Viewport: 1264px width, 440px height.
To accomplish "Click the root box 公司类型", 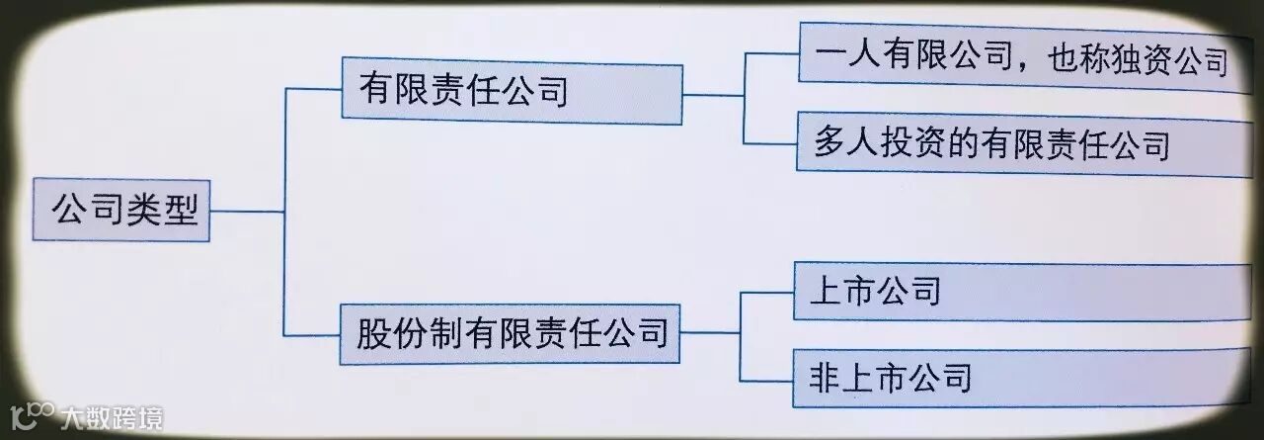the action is pyautogui.click(x=120, y=210).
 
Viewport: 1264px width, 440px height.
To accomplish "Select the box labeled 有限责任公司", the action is pyautogui.click(x=511, y=94).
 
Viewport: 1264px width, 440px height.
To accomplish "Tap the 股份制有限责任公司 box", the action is pyautogui.click(x=511, y=334).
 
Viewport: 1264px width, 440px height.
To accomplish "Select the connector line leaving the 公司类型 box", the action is pyautogui.click(x=247, y=211).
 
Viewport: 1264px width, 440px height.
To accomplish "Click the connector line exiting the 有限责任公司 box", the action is pyautogui.click(x=713, y=95).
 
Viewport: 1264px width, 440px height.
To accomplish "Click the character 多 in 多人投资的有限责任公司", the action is pyautogui.click(x=830, y=145).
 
